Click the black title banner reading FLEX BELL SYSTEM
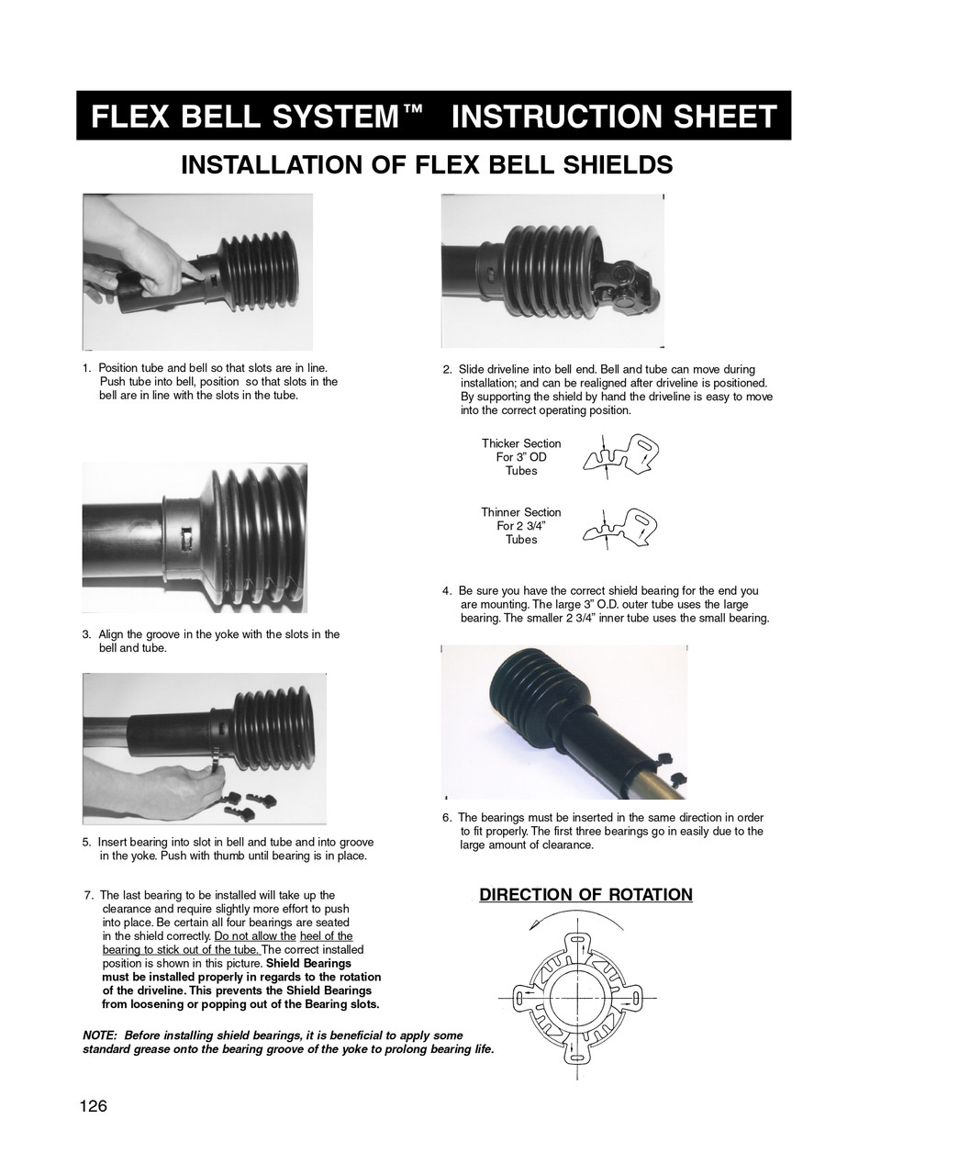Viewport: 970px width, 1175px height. coord(433,117)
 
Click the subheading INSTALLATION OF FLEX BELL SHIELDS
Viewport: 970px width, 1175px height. coord(427,165)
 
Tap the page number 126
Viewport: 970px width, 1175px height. coord(94,1106)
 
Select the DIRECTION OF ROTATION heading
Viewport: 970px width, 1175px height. coord(585,895)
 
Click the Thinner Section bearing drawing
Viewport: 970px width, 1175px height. coord(621,527)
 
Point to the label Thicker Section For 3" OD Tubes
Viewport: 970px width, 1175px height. coord(521,457)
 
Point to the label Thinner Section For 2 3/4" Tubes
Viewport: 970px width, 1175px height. coord(521,526)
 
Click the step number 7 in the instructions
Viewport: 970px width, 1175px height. coord(87,895)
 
